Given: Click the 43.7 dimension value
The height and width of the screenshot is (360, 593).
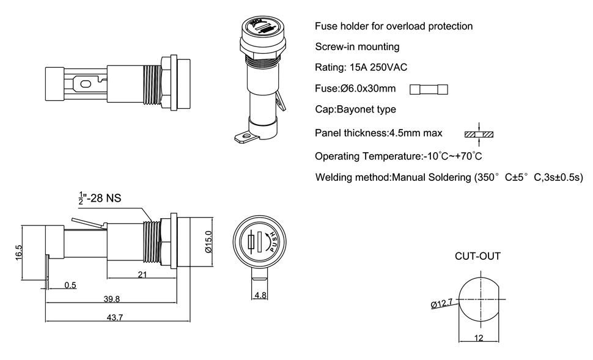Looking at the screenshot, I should (x=116, y=317).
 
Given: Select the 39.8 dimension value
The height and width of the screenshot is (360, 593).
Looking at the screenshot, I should (x=111, y=299).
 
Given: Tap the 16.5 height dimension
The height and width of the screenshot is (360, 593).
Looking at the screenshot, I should (x=18, y=251).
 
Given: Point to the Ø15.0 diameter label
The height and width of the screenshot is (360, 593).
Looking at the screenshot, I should (x=208, y=242).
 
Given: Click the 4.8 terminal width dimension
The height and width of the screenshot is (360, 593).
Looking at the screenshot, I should (x=260, y=295).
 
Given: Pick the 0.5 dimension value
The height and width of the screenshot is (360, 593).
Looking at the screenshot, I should (x=70, y=285).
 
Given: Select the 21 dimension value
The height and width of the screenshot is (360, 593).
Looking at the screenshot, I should (x=142, y=275).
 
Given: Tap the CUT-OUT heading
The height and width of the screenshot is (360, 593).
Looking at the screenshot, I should (x=477, y=256).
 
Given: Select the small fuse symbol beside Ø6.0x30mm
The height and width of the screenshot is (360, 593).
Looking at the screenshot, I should (x=429, y=89).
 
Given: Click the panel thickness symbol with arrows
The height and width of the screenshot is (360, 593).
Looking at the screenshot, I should (x=479, y=133).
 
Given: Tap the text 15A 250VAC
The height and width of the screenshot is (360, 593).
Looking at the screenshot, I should (x=378, y=67).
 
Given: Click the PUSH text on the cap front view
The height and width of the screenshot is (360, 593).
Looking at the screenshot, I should (x=274, y=243).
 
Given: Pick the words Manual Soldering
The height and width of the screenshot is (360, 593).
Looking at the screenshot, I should (x=430, y=178).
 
